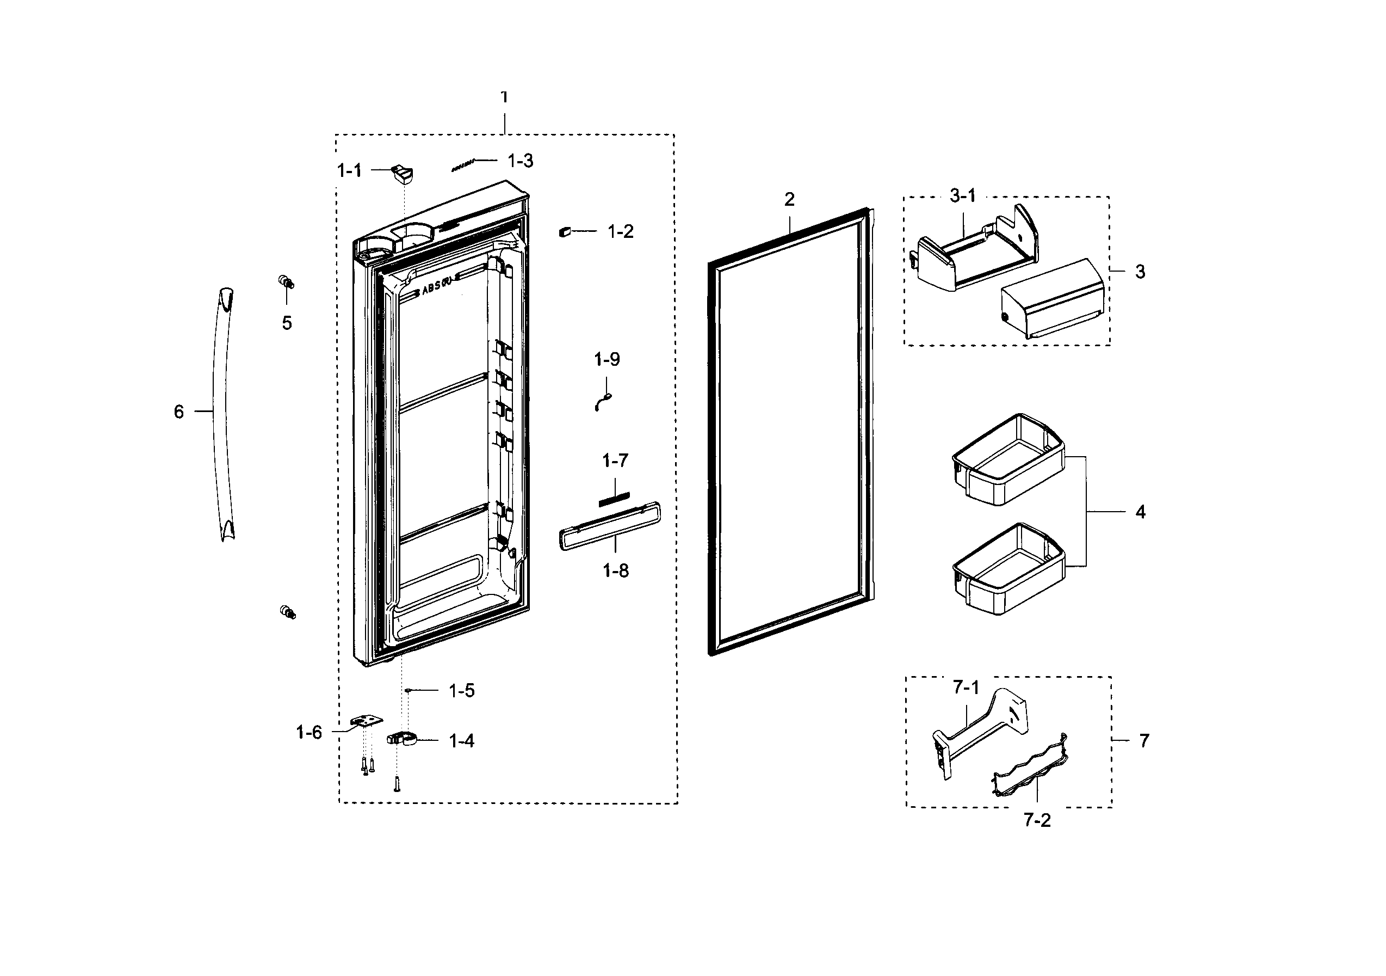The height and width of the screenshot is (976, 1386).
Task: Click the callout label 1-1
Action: point(349,171)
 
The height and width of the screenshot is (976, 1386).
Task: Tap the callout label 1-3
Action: point(520,161)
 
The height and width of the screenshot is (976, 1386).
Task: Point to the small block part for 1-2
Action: point(565,231)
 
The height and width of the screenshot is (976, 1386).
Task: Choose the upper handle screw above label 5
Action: point(286,281)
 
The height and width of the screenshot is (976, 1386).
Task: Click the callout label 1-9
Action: point(607,359)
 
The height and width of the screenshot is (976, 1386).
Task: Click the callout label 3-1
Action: point(962,195)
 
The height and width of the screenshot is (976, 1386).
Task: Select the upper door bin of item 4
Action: point(1007,459)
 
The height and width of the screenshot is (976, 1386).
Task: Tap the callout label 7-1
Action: point(966,688)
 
